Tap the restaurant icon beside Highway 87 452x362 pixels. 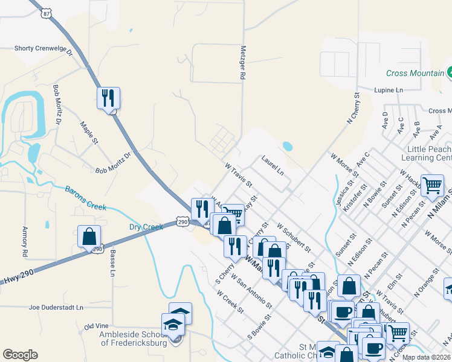[x=108, y=98]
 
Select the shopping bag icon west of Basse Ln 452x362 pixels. [x=89, y=237]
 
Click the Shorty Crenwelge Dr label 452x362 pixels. [x=43, y=48]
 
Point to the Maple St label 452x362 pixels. [x=88, y=133]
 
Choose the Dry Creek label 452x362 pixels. [x=146, y=227]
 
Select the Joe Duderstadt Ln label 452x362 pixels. [x=56, y=307]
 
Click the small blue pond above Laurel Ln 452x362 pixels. [x=287, y=146]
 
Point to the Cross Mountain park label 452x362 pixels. [x=415, y=73]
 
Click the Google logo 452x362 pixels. [x=20, y=355]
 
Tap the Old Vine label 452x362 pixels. [x=95, y=326]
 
